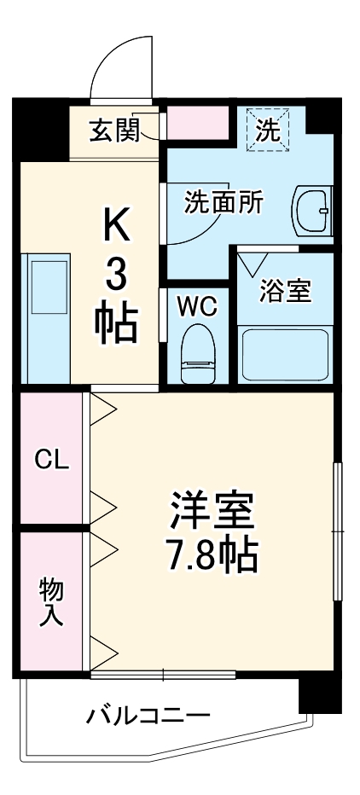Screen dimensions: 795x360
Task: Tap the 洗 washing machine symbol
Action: pyautogui.click(x=268, y=130)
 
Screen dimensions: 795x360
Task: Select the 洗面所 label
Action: pyautogui.click(x=224, y=203)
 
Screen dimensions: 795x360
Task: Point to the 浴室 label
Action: pyautogui.click(x=285, y=290)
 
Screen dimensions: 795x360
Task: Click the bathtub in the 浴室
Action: pyautogui.click(x=284, y=353)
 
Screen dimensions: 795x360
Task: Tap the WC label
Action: pyautogui.click(x=197, y=305)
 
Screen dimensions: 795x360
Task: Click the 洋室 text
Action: pyautogui.click(x=212, y=512)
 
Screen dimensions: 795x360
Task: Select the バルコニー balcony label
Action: pyautogui.click(x=148, y=714)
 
